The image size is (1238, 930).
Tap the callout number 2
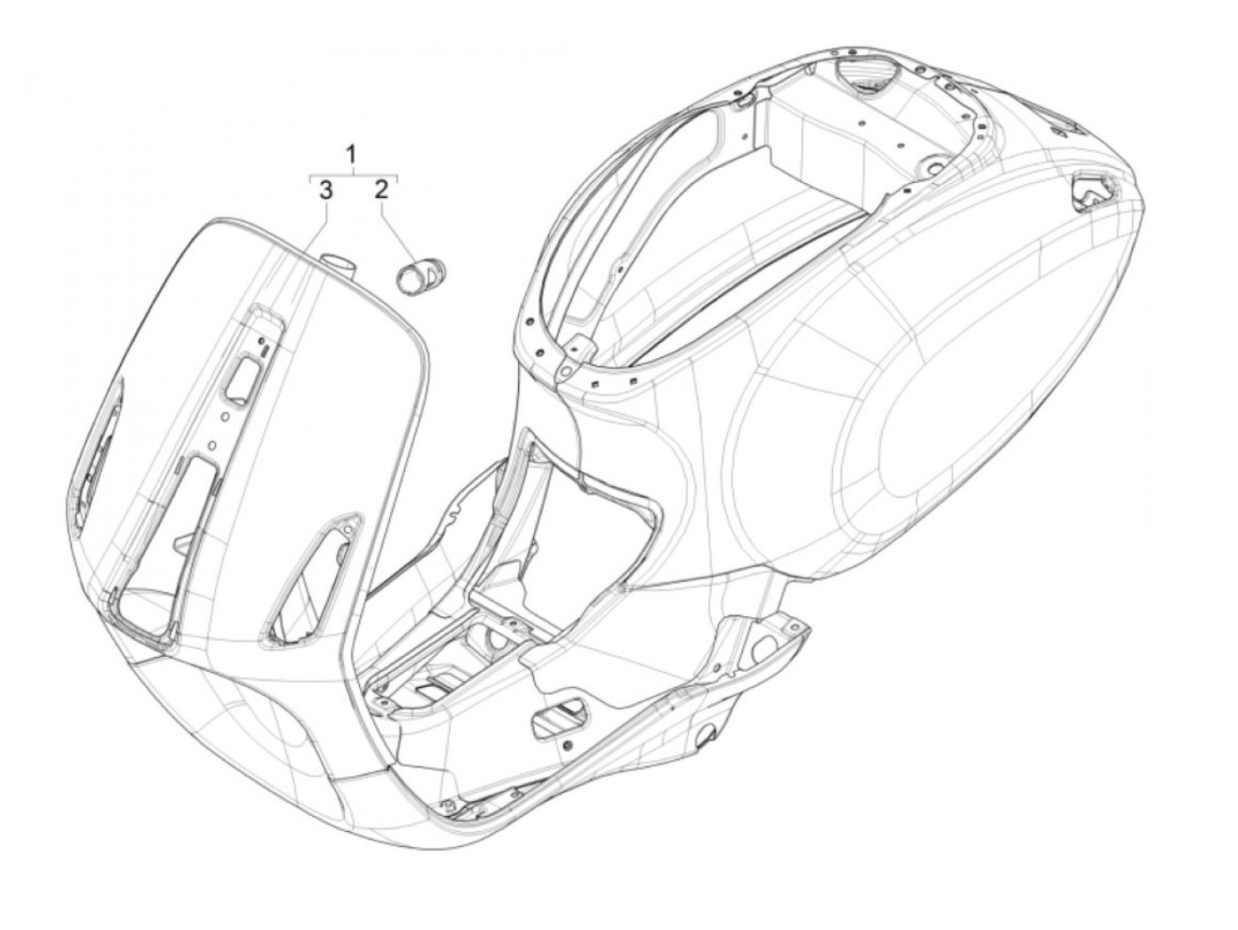[x=381, y=189]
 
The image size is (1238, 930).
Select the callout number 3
[x=325, y=189]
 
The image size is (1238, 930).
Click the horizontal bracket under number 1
[x=352, y=175]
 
